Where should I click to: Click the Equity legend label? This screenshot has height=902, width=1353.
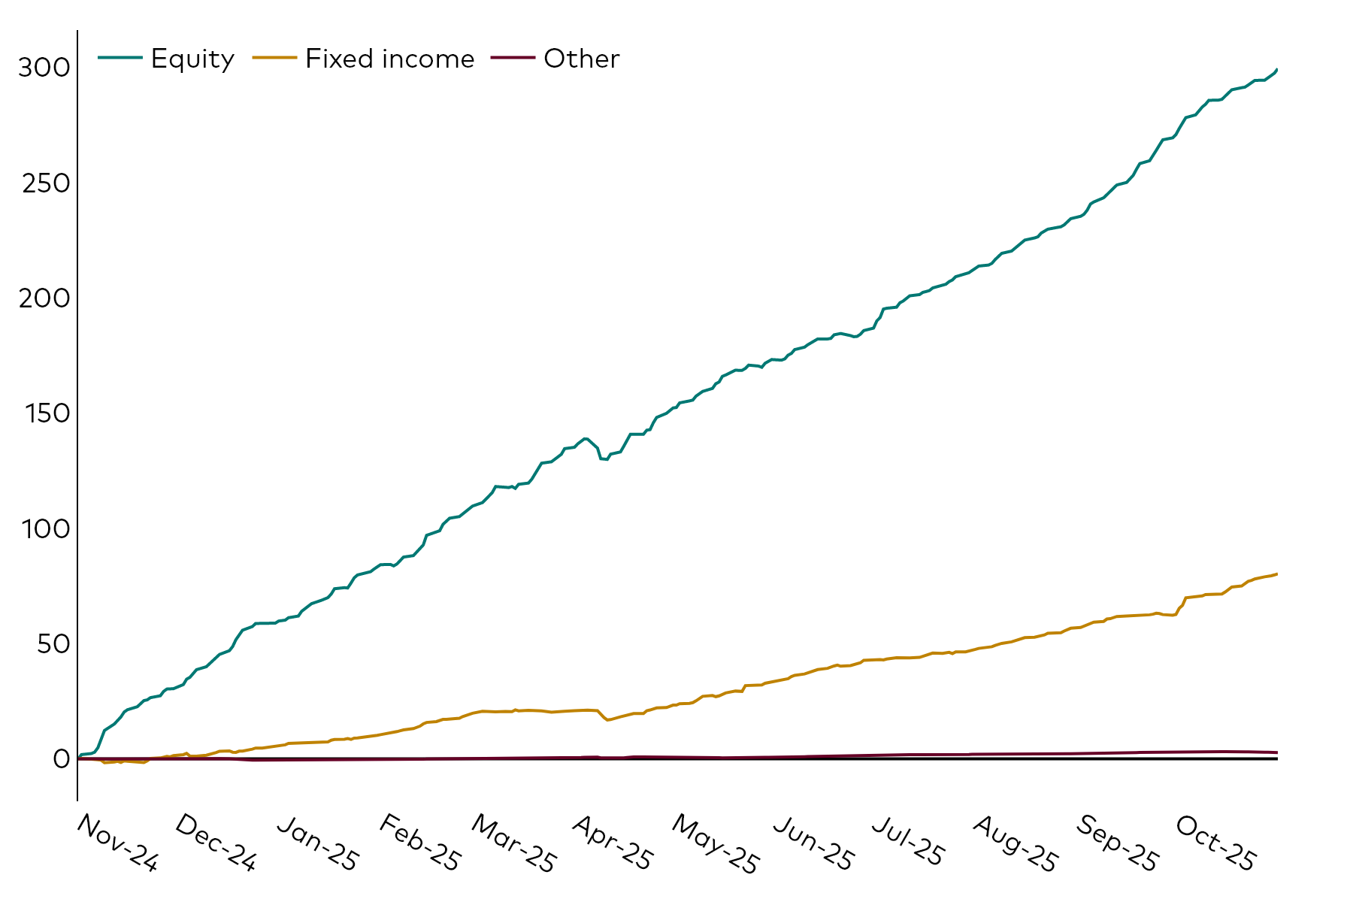click(192, 59)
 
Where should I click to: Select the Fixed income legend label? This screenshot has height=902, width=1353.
click(389, 59)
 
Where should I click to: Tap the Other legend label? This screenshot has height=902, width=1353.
click(581, 59)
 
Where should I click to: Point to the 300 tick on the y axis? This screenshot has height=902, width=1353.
click(44, 68)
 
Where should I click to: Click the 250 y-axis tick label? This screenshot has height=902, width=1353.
click(45, 183)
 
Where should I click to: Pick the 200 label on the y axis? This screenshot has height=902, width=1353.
click(44, 299)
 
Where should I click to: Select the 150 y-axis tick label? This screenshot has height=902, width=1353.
click(45, 414)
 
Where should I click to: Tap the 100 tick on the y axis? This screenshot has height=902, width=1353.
click(45, 529)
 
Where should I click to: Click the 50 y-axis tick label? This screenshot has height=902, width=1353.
click(53, 644)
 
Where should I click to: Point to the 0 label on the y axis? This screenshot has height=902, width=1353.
click(61, 759)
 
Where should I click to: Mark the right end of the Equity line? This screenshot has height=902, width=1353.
click(1277, 69)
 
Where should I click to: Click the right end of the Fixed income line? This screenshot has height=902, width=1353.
click(1277, 574)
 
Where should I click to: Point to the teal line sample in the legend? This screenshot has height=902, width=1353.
click(120, 58)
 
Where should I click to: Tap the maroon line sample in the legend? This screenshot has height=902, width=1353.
click(513, 58)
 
